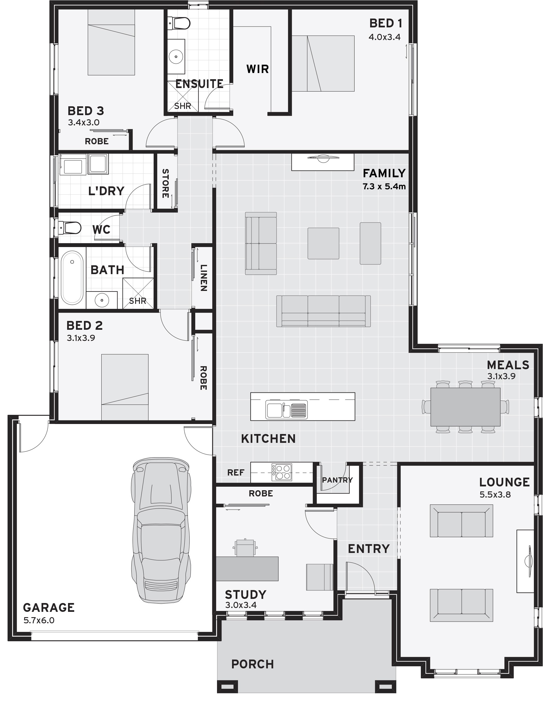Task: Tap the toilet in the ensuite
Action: tap(179, 24)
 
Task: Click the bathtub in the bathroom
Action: tap(72, 278)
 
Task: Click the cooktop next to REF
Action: tap(282, 472)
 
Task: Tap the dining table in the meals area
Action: tap(465, 407)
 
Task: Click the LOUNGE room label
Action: tap(504, 482)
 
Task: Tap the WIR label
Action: tap(257, 69)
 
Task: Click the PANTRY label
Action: tap(337, 480)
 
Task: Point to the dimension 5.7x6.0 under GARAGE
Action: tap(39, 620)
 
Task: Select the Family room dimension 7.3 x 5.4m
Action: tap(384, 187)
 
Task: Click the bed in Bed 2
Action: tap(125, 387)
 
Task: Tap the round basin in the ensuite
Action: tap(176, 57)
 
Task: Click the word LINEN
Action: tap(203, 278)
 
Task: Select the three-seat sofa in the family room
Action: tap(323, 311)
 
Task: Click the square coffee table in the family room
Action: tap(323, 243)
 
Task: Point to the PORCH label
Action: tap(252, 664)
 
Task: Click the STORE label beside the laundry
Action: tap(165, 183)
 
